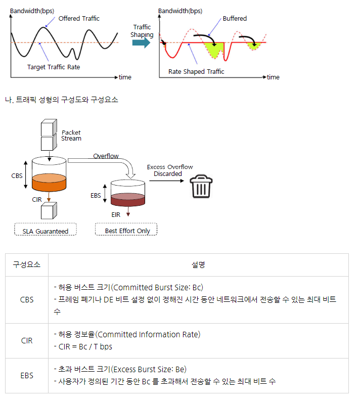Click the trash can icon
(x=201, y=186)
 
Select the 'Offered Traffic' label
(x=79, y=19)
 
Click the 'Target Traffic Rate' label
(x=54, y=67)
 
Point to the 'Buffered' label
(x=235, y=19)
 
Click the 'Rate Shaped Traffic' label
(x=196, y=71)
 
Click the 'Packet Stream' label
(x=71, y=136)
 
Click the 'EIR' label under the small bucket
(x=116, y=214)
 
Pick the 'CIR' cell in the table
(x=27, y=341)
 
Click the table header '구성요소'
(x=27, y=264)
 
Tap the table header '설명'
(x=198, y=264)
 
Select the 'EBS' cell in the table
(x=27, y=376)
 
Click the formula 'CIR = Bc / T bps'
(x=83, y=346)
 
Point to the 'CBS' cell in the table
(x=27, y=299)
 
